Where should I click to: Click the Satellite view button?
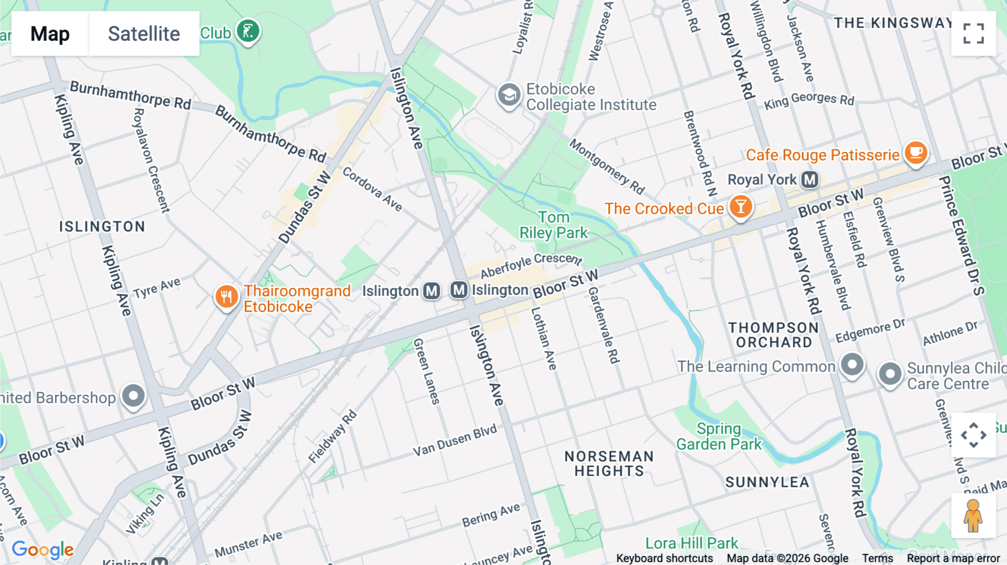144,34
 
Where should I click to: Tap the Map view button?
50,34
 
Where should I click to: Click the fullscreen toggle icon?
973,34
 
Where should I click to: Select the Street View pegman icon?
973,515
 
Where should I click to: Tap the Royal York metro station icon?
810,180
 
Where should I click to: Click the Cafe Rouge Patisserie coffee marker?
915,152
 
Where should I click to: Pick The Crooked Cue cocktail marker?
740,206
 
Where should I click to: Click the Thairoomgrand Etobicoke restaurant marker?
227,296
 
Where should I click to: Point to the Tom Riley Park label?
553,225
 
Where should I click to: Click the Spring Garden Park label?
719,436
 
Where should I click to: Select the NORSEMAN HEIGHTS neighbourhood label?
609,464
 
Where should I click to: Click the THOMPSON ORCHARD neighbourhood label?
774,335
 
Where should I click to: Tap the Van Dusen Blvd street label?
454,441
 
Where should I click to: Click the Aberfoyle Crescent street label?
531,264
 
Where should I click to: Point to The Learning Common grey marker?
852,364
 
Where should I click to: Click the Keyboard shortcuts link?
664,558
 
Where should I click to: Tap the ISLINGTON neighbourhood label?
102,227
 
